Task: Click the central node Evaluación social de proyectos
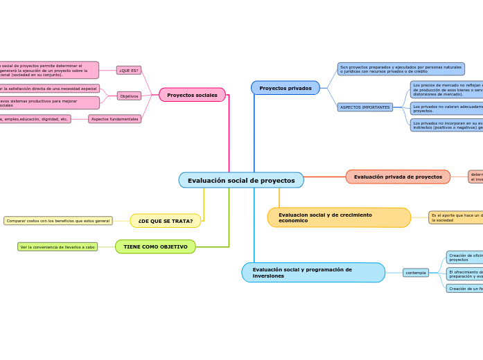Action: (241, 180)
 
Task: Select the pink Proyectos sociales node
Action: (192, 95)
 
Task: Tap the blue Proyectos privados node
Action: (286, 88)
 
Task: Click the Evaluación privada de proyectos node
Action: (398, 177)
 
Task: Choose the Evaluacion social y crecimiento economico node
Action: (339, 217)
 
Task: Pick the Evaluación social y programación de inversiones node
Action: (313, 272)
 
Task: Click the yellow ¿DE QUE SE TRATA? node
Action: (166, 221)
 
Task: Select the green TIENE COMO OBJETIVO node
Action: (155, 246)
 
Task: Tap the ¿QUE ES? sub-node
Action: (128, 70)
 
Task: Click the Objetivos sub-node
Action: (129, 96)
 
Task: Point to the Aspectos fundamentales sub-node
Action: (114, 119)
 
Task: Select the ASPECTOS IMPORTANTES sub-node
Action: (365, 107)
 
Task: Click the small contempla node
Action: (416, 273)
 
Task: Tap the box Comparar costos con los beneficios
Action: (58, 221)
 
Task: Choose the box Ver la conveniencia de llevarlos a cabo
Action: (58, 246)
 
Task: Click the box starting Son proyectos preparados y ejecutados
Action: (401, 69)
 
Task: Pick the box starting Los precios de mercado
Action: (446, 89)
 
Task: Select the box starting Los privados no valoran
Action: (446, 108)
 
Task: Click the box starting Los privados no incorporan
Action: (446, 125)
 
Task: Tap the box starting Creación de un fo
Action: (464, 288)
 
